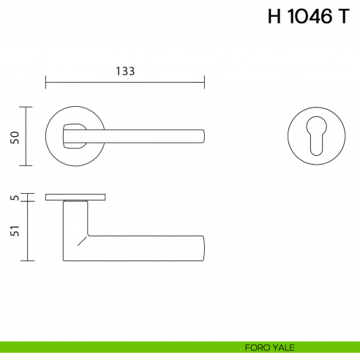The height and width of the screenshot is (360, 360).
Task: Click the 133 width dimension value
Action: (x=125, y=71)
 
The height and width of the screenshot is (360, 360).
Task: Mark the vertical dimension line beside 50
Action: (x=28, y=137)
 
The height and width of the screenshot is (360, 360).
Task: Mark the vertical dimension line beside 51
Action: (x=28, y=230)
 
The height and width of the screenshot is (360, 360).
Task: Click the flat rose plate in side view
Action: (x=75, y=198)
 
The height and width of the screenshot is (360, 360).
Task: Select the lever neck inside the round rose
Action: (x=74, y=135)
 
